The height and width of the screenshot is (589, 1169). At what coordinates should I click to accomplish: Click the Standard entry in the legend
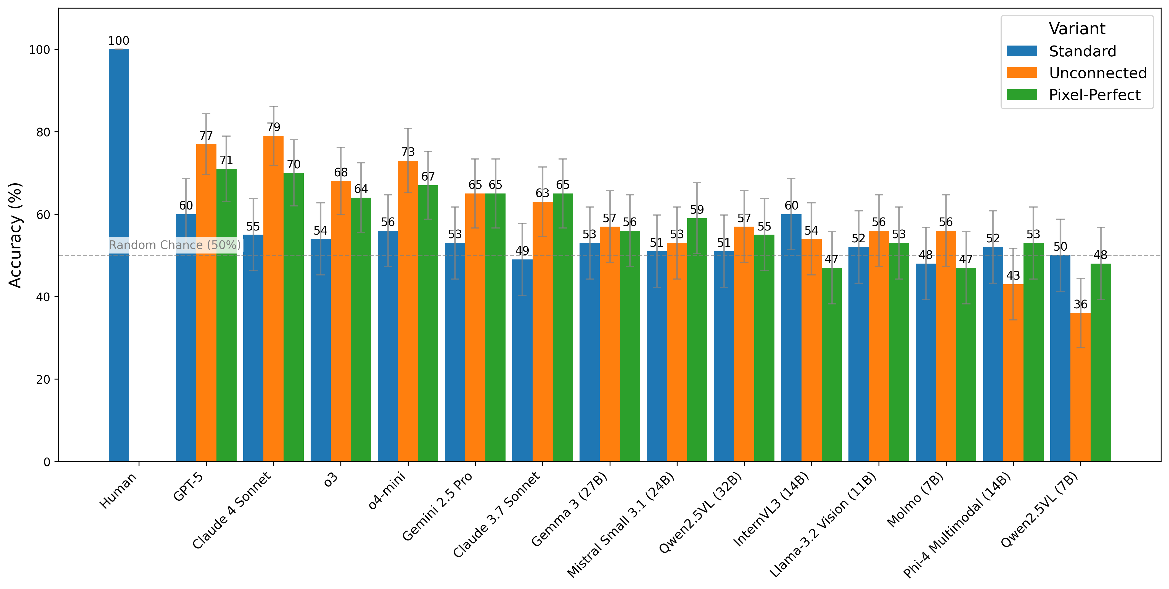tap(1082, 51)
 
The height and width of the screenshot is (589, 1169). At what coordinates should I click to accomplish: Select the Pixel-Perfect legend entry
tap(1094, 95)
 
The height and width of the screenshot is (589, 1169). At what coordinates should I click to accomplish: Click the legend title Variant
tap(1077, 29)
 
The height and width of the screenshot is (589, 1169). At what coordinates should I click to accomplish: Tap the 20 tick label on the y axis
tap(43, 379)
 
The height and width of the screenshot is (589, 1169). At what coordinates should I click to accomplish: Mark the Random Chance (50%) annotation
tap(175, 245)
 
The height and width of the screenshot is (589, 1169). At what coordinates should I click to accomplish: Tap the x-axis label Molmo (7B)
tap(915, 499)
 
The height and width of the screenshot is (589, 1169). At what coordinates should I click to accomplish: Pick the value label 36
tap(1080, 304)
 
